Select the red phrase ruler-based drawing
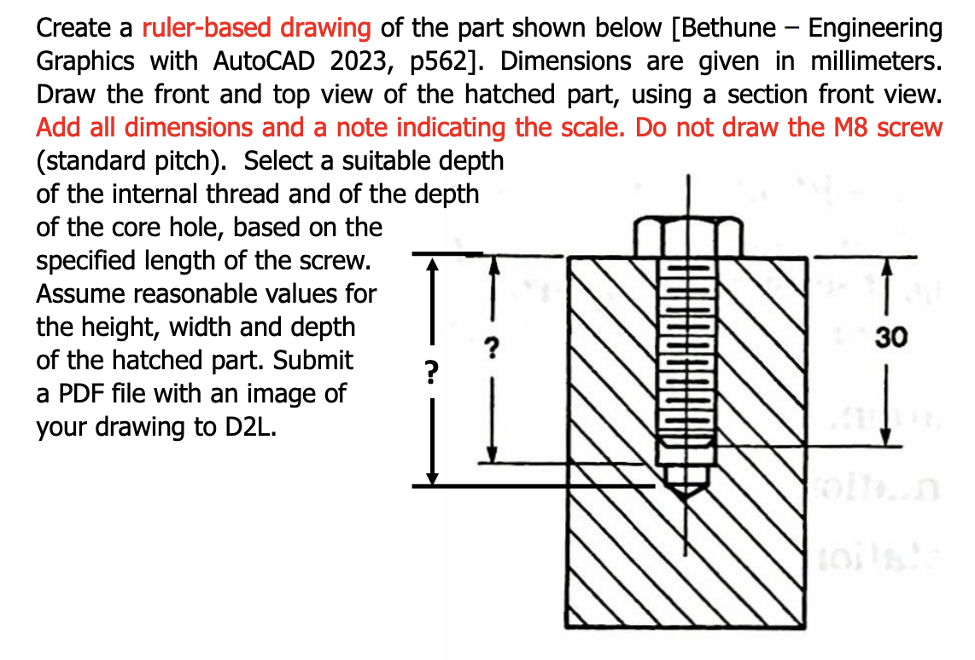coord(256,28)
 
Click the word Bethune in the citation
coord(725,28)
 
